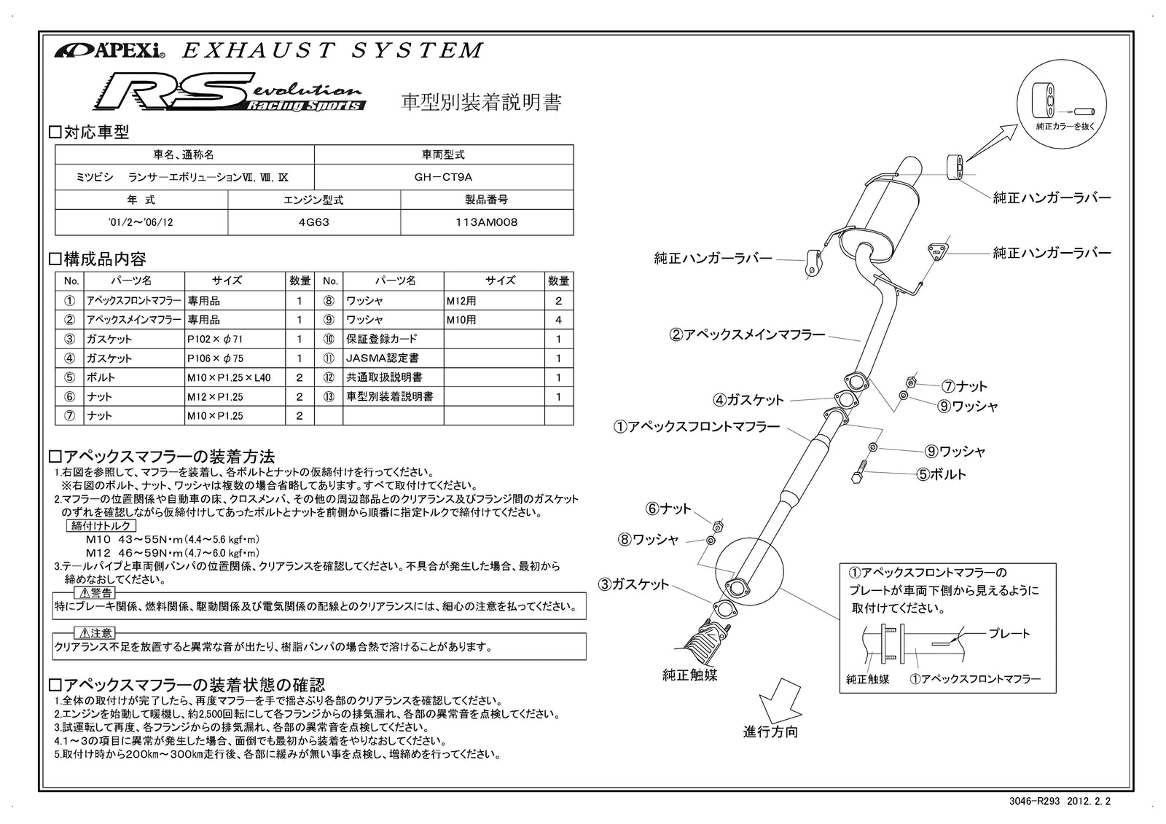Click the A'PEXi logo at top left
click(109, 51)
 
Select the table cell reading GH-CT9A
click(443, 177)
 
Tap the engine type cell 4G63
click(314, 222)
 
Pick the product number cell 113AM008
click(486, 222)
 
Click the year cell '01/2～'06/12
click(141, 222)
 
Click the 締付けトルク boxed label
click(101, 525)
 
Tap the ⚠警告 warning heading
click(95, 592)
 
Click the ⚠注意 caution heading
click(95, 632)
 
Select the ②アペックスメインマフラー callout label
click(747, 335)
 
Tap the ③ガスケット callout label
click(633, 584)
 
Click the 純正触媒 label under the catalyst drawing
click(689, 675)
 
